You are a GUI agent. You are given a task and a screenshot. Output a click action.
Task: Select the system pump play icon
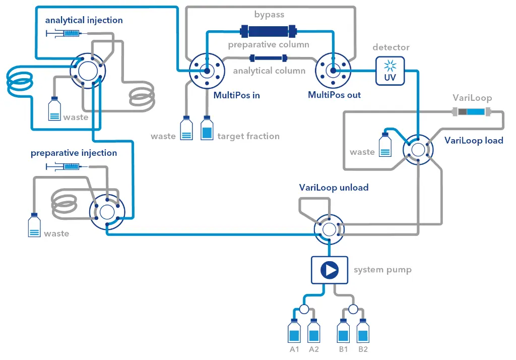click(330, 270)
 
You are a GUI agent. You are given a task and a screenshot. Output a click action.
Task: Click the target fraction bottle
click(207, 129)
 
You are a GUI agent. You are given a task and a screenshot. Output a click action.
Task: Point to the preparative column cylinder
click(269, 32)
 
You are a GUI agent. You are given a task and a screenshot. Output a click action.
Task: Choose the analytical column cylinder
click(269, 58)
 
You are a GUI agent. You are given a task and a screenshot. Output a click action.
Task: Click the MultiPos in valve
click(206, 72)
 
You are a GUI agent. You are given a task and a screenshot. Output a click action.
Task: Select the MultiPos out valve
click(332, 72)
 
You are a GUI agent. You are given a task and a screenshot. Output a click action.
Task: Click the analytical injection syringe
click(66, 33)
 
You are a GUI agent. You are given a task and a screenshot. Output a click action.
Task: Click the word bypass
click(269, 15)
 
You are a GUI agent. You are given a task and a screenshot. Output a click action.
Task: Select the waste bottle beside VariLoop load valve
click(385, 144)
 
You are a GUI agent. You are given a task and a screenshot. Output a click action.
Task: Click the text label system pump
click(382, 270)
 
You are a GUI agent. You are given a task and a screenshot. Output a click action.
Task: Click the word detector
click(391, 47)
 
